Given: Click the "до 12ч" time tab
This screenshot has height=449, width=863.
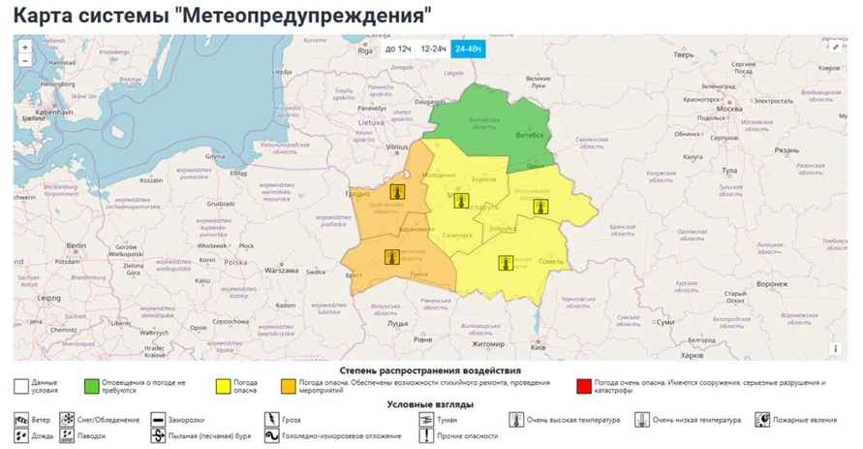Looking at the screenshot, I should pyautogui.click(x=398, y=48).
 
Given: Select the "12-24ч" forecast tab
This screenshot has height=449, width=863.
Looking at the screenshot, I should pyautogui.click(x=433, y=48).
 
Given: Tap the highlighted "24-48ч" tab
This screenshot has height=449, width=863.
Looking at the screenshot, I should pyautogui.click(x=470, y=48).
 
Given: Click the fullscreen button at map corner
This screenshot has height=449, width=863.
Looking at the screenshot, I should pyautogui.click(x=835, y=46).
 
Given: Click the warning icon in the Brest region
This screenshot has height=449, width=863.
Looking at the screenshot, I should pyautogui.click(x=390, y=256).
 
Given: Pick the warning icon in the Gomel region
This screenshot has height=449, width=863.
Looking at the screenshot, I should pyautogui.click(x=505, y=262).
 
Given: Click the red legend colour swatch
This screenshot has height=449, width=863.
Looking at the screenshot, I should pyautogui.click(x=583, y=385).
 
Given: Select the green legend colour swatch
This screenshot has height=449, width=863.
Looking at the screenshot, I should pyautogui.click(x=92, y=385).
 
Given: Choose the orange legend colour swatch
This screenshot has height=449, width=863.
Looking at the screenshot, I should pyautogui.click(x=287, y=385).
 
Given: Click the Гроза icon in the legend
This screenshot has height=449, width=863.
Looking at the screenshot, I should pyautogui.click(x=270, y=420).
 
